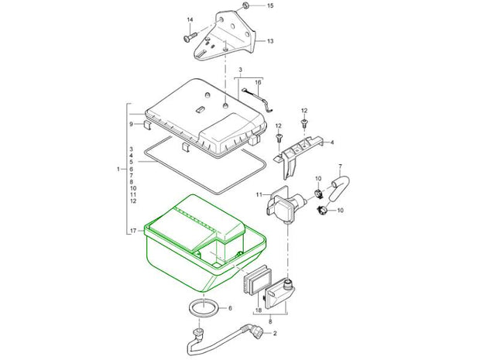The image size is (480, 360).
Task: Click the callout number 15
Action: (270, 5)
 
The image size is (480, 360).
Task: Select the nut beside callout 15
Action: (246, 5)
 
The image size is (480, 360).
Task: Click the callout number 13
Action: (270, 41)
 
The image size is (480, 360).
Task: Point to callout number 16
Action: (258, 82)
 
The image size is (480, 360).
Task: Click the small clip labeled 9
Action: (148, 125)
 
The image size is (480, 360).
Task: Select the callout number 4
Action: (332, 142)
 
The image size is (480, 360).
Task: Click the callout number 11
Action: (259, 194)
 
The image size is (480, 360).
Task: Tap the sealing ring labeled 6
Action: (204, 307)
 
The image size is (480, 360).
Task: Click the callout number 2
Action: (275, 334)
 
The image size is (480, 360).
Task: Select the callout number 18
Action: (259, 310)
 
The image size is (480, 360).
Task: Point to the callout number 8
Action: (270, 321)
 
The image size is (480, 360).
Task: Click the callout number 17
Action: (133, 231)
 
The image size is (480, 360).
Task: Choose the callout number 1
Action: (118, 169)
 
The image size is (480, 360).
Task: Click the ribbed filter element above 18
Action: (257, 279)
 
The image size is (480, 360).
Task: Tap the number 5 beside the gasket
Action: (132, 162)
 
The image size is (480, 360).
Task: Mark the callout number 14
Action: (190, 20)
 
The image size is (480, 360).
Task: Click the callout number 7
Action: (340, 166)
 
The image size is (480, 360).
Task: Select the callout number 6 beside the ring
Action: (230, 308)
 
